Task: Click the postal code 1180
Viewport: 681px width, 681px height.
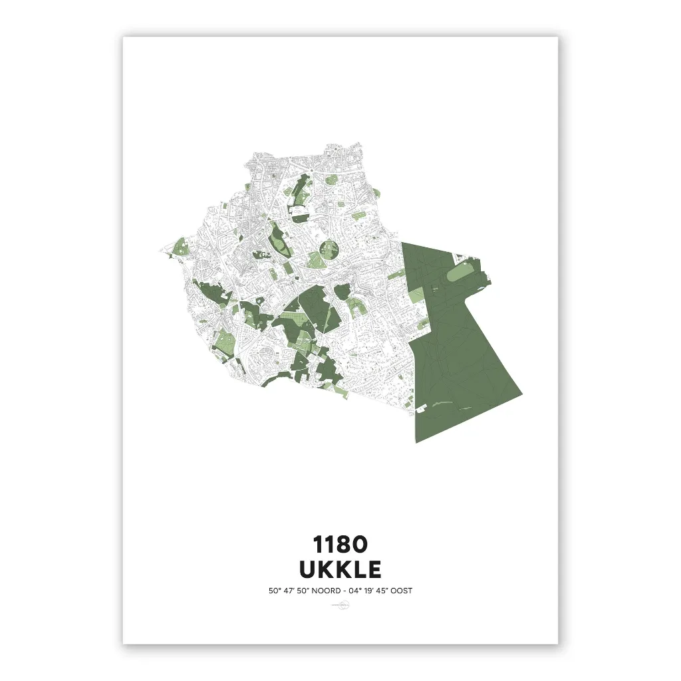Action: click(340, 545)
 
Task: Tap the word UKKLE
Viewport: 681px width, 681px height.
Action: click(340, 570)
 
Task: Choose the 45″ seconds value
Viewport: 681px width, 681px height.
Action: click(384, 591)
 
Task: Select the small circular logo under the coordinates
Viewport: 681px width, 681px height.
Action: click(340, 605)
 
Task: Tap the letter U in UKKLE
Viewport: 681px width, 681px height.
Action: click(308, 570)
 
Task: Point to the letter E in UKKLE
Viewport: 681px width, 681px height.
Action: click(374, 570)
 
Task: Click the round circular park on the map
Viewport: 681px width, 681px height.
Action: click(330, 251)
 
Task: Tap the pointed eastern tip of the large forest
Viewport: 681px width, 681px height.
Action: click(521, 394)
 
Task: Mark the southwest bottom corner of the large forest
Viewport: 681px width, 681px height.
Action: click(417, 441)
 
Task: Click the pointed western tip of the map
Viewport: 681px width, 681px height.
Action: click(160, 251)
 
